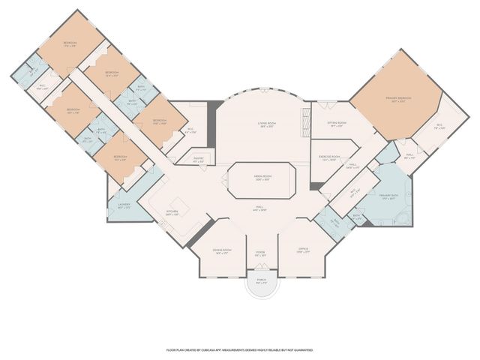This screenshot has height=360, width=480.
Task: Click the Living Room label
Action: click(260, 127)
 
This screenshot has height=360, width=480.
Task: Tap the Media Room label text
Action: click(261, 178)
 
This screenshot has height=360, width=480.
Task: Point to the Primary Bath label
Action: click(388, 196)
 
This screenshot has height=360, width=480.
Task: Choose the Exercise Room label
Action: click(329, 158)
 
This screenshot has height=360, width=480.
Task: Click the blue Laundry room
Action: click(124, 206)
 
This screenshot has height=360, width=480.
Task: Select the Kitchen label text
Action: click(172, 211)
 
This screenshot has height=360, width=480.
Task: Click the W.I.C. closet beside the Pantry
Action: click(190, 131)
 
